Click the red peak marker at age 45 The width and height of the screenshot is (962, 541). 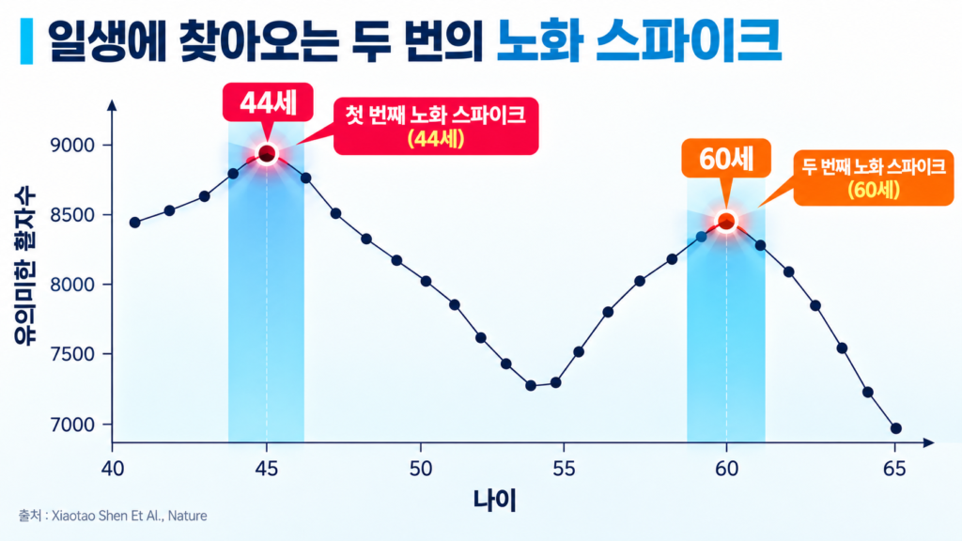click(266, 154)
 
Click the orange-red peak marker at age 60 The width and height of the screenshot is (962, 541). click(726, 222)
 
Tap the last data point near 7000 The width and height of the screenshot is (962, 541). click(895, 428)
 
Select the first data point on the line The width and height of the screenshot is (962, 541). click(135, 223)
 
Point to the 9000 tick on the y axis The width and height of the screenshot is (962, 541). click(73, 146)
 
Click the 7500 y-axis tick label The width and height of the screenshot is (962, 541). click(73, 354)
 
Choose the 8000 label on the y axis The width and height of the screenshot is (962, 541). click(73, 285)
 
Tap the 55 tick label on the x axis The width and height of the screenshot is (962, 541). click(564, 470)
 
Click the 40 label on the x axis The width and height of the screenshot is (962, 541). click(113, 470)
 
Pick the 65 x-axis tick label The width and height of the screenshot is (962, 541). click(894, 470)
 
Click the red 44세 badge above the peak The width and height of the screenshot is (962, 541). click(268, 102)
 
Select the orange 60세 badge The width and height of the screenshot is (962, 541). click(726, 159)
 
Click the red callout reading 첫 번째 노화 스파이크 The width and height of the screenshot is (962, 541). click(436, 127)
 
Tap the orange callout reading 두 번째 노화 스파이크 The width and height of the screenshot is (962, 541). click(874, 178)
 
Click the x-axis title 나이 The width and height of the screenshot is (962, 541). click(494, 501)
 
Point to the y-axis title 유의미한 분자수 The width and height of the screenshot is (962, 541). click(24, 268)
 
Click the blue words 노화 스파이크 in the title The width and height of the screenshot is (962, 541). click(639, 40)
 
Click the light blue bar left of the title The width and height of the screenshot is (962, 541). click(26, 41)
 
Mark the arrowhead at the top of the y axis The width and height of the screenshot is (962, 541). click(112, 105)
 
